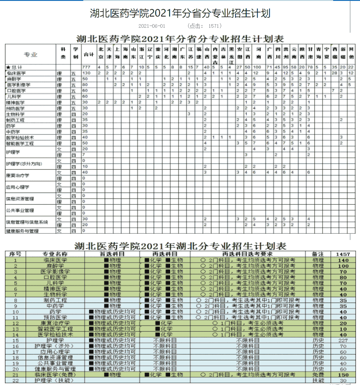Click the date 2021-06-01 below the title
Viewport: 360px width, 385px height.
152,26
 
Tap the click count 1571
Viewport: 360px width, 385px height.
215,26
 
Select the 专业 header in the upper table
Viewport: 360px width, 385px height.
30,55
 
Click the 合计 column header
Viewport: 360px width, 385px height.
89,55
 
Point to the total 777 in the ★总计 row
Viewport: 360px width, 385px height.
87,67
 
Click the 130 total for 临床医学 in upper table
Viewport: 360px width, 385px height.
87,73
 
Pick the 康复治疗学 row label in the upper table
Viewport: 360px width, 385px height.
18,175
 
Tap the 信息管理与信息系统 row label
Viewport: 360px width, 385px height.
27,222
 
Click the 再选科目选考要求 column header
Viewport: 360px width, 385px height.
248,254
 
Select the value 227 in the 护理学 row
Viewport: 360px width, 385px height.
343,340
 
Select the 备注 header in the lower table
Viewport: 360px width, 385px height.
318,254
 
